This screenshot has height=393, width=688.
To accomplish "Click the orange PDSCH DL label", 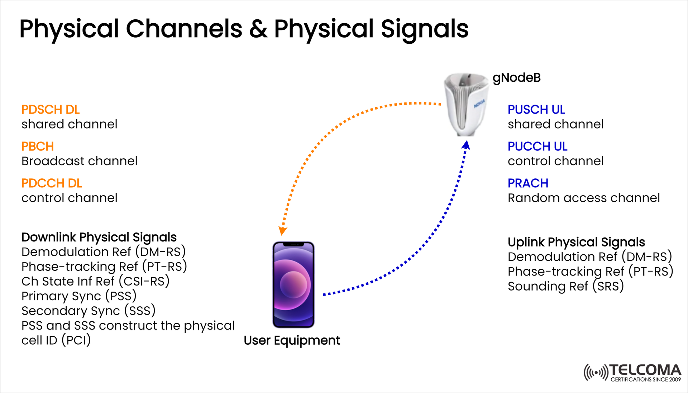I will coord(51,110).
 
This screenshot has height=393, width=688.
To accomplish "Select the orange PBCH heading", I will coord(38,147).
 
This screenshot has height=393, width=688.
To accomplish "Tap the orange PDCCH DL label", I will coord(52,183).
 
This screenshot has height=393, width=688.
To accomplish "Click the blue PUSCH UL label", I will coord(536,110).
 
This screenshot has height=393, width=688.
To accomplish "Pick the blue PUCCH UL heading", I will coord(537,147).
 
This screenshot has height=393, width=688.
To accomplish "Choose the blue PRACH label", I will coord(528,183).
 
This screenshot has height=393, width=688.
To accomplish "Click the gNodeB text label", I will coord(516,78).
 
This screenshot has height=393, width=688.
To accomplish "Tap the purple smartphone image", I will coord(293,284).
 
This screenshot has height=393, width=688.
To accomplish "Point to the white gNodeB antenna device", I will coord(465,104).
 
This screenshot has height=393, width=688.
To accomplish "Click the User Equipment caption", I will coord(292,340).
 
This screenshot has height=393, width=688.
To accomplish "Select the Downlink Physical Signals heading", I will coord(99,237).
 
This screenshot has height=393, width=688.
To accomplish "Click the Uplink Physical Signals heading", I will coord(576,242).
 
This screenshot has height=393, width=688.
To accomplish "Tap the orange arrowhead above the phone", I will coord(282,231).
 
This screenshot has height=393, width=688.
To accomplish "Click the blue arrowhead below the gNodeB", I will coord(466,145).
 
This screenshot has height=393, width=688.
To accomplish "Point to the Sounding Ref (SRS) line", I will coord(565,286).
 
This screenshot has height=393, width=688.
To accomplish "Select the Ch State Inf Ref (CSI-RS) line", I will coord(95,282).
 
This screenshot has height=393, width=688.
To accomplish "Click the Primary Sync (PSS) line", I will coord(79,296).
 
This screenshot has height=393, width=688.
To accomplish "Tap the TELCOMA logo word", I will coord(645,370).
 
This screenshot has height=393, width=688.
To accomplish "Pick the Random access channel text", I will coord(583,198).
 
